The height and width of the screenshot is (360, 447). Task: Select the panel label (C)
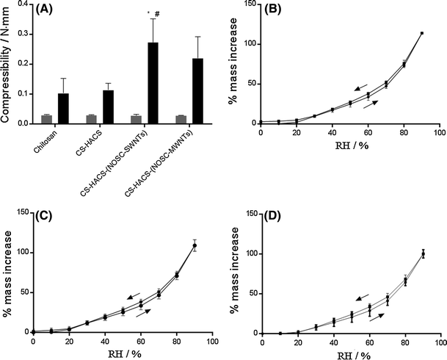pos(47,217)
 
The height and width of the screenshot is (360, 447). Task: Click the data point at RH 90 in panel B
pos(421,33)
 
